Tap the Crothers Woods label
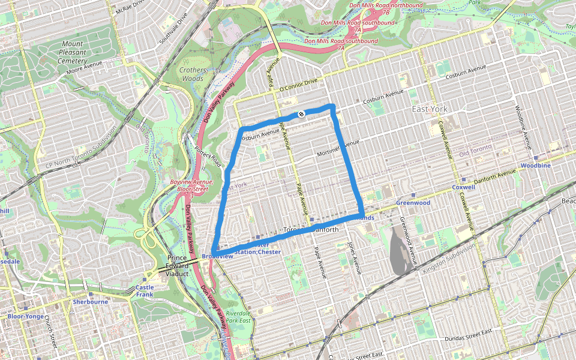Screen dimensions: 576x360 193,74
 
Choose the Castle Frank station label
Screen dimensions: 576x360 145,290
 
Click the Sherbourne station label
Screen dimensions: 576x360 90,302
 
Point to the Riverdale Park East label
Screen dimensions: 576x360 238,317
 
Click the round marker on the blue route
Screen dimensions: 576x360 301,114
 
